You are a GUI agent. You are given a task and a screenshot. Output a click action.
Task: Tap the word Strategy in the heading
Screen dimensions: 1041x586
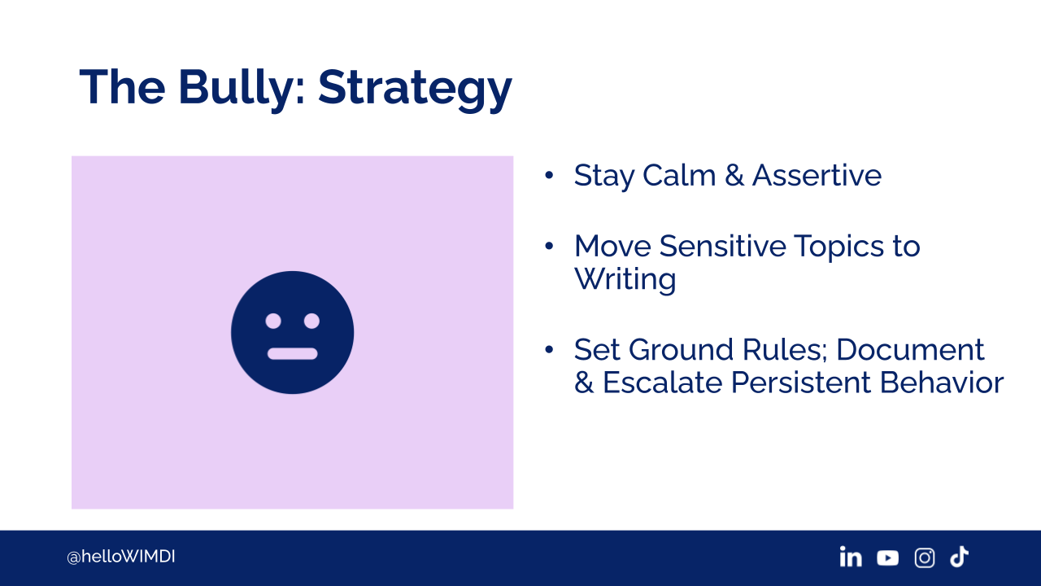tap(415, 90)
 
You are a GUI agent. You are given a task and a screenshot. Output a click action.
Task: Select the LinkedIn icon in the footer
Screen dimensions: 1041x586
tap(851, 557)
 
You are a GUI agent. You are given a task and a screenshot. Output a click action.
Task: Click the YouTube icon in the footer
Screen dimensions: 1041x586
tap(887, 558)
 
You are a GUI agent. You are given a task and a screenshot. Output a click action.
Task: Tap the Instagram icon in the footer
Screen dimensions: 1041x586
tap(925, 558)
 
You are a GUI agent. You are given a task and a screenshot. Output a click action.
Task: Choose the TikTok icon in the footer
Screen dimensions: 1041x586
tap(959, 557)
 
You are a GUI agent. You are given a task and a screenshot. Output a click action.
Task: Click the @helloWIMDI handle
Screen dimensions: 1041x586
tap(121, 557)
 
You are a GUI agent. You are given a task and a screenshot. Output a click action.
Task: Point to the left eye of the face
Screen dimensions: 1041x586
tap(273, 321)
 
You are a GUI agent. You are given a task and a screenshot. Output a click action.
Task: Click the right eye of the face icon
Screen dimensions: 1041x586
tap(311, 321)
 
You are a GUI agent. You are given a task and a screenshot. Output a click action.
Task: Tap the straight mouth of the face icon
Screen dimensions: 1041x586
tap(292, 353)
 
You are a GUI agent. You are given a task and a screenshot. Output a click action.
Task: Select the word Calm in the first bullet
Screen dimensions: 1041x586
tap(679, 175)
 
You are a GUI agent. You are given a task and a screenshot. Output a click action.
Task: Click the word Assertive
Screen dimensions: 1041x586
tap(817, 175)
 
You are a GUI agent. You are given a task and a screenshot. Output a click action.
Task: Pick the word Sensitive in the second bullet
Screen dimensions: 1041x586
tap(723, 246)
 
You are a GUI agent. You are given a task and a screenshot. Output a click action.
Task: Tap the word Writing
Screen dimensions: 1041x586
tap(625, 280)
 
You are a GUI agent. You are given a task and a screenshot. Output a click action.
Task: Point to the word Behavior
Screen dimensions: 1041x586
tap(942, 383)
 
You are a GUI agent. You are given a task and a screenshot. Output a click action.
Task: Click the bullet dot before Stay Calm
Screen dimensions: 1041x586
tap(549, 175)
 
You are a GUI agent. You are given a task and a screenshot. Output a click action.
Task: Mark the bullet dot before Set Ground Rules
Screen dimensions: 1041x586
tap(549, 350)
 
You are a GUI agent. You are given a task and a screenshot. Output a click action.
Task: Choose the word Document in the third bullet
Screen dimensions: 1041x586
tap(910, 350)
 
